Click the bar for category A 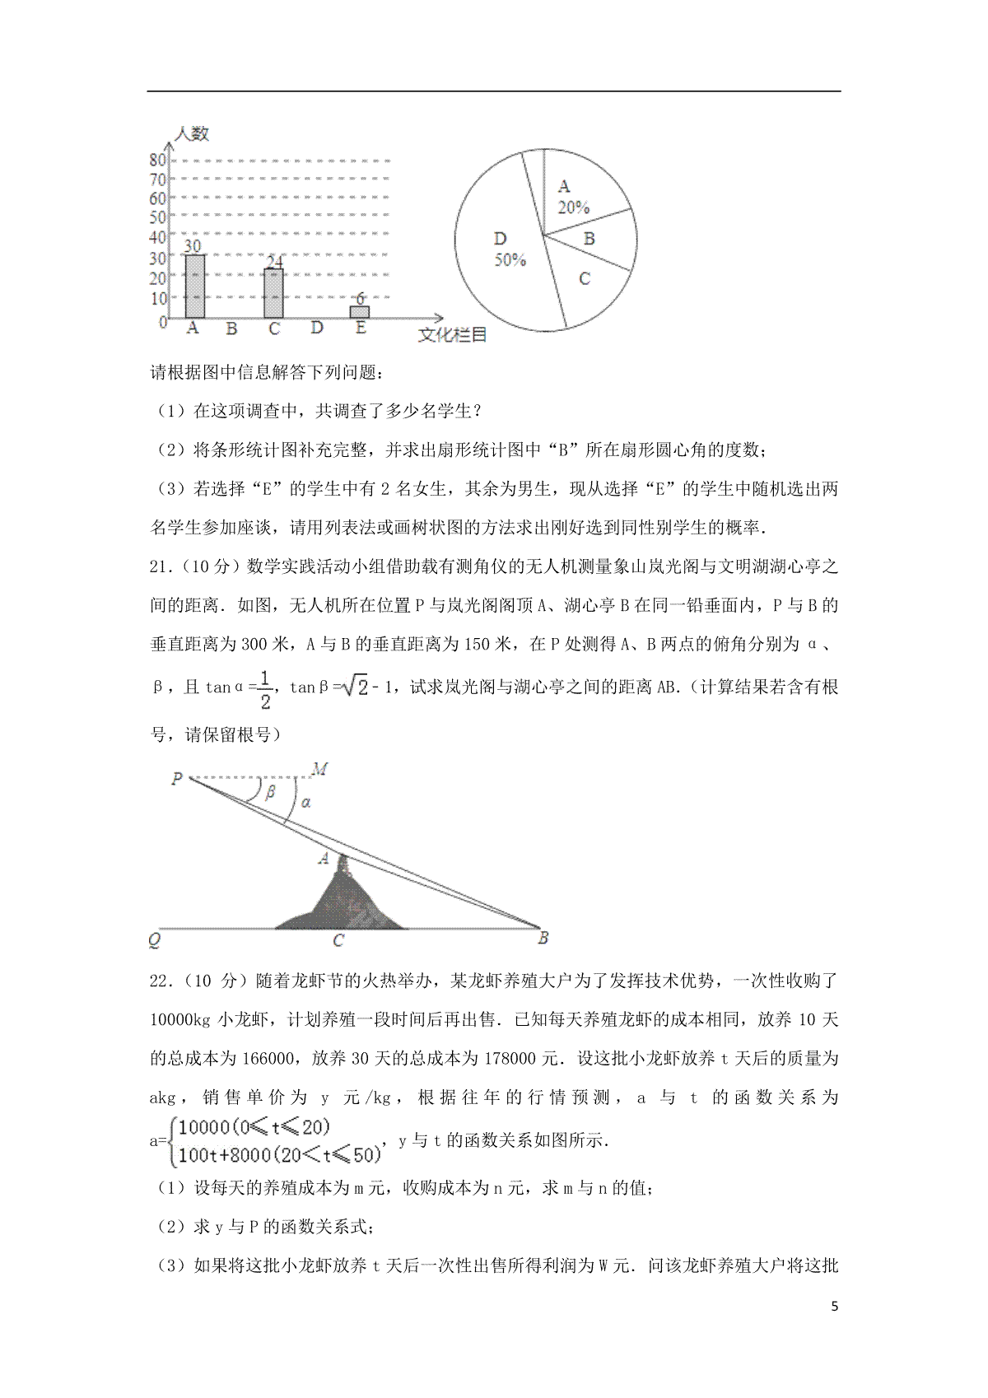point(194,287)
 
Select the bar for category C point(274,293)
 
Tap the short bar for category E point(359,312)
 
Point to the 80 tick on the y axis point(158,160)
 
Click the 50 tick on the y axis point(158,218)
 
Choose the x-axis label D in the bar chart point(317,329)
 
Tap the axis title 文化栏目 point(453,335)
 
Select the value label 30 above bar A point(193,245)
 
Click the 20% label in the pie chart point(573,208)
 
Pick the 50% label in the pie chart point(510,260)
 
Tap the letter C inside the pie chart point(585,279)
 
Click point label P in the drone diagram point(177,778)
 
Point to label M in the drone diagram point(320,769)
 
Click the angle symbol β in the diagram point(271,793)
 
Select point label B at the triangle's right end point(543,938)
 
